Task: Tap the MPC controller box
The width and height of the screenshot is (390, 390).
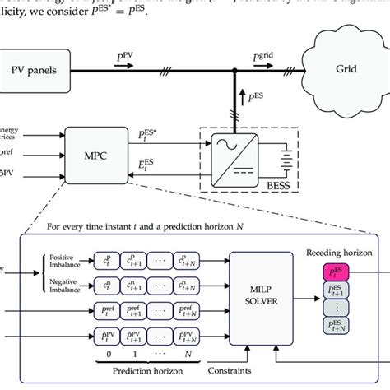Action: point(92,149)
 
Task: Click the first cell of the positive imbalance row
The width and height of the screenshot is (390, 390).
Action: point(111,263)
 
